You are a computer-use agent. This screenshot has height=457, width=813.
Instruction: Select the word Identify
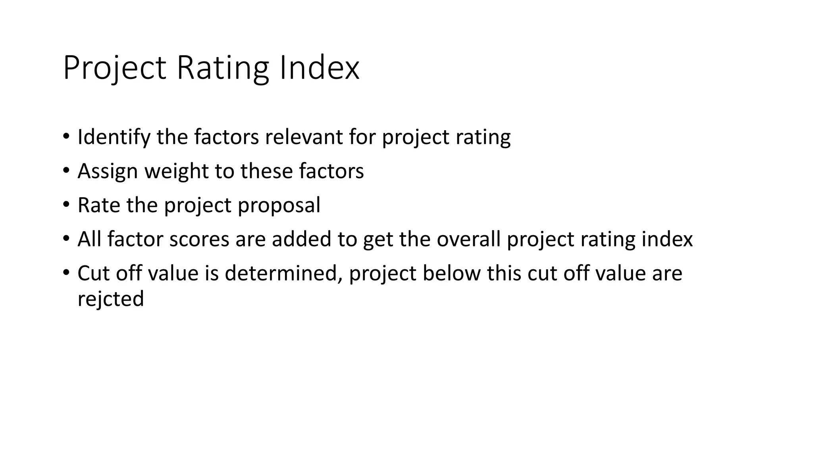click(x=114, y=137)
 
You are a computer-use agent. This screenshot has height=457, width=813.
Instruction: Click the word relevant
click(x=304, y=137)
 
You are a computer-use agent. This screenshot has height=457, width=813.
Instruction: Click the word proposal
click(x=279, y=205)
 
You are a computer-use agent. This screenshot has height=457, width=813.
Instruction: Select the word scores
click(x=199, y=240)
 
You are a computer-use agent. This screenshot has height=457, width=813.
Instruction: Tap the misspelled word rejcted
click(x=110, y=299)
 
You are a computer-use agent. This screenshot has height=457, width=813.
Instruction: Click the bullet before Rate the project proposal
click(x=66, y=205)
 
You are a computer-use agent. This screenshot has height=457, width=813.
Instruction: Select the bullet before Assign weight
click(x=66, y=171)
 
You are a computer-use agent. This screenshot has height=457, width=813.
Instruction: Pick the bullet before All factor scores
click(x=66, y=239)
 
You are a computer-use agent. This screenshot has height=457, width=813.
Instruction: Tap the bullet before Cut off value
click(x=66, y=273)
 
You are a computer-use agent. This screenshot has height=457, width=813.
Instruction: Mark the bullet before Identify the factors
click(x=66, y=137)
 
